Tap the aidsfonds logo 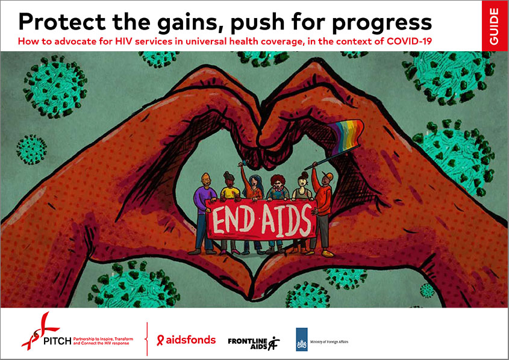coord(186,340)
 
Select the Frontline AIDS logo coord(253,341)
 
